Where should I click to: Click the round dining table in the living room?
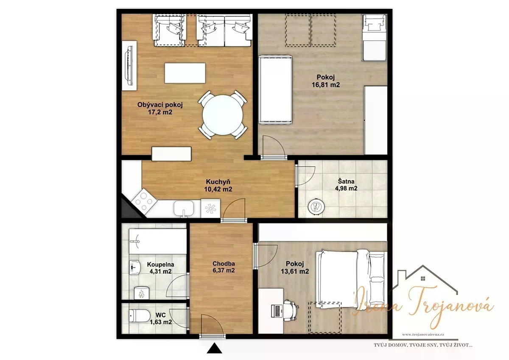click(x=223, y=115)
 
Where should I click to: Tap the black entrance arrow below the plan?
click(x=214, y=348)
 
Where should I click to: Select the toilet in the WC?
click(x=139, y=315)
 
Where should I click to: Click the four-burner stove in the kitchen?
click(x=144, y=201)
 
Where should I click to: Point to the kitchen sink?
click(x=184, y=209)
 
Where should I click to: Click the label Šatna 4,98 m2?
click(x=346, y=184)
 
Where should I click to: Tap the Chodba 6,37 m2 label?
click(x=224, y=267)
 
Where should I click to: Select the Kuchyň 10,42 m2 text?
click(x=218, y=185)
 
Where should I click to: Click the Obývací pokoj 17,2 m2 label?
click(x=160, y=109)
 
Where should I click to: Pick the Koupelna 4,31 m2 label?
click(x=160, y=268)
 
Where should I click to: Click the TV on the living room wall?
click(x=129, y=66)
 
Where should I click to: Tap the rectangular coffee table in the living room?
click(x=185, y=73)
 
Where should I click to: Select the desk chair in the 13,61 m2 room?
click(x=290, y=310)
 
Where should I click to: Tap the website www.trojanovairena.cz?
click(x=423, y=334)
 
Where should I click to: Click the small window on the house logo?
click(x=423, y=279)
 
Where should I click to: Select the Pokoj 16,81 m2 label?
click(x=326, y=81)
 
